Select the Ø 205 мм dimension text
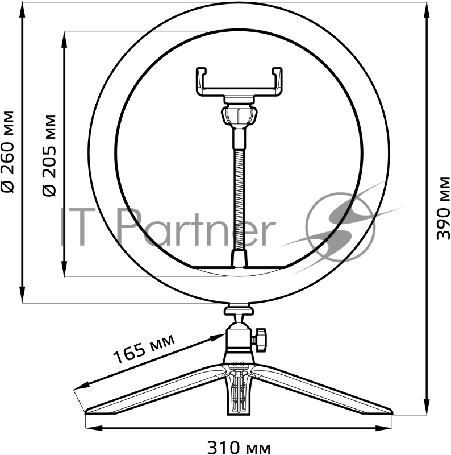coord(51,155)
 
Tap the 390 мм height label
coord(444,208)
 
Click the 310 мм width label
coord(239,445)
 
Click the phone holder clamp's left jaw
coord(201,81)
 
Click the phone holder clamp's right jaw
coord(277,81)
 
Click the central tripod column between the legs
coord(239,392)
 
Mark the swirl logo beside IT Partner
coord(341,219)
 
